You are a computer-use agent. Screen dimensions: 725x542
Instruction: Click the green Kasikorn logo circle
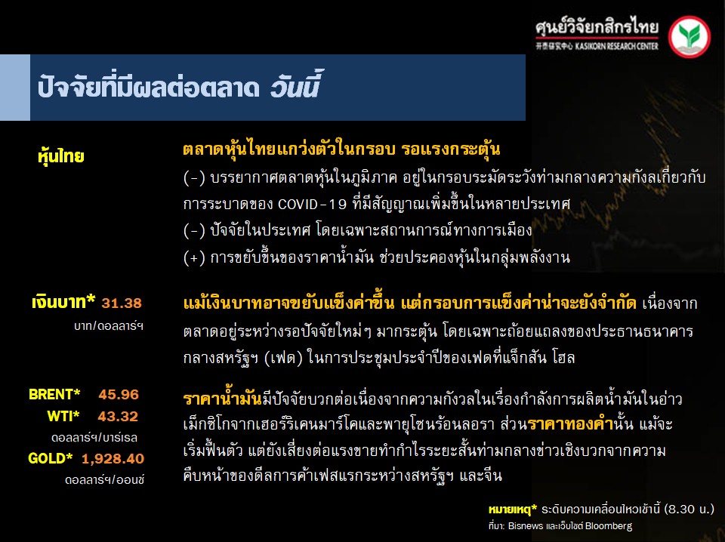(690, 36)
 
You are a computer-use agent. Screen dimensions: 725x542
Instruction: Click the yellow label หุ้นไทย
(61, 157)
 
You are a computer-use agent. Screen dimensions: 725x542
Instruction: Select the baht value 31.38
(122, 303)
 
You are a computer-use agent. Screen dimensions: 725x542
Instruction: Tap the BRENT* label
(54, 394)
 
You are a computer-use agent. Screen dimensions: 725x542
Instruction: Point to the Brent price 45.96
(119, 395)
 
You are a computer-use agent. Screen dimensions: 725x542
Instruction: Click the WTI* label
(63, 417)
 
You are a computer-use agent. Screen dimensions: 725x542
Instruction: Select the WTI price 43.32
(118, 417)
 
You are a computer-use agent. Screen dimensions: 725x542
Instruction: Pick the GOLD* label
(51, 458)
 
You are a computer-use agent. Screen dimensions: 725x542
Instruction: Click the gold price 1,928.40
(113, 459)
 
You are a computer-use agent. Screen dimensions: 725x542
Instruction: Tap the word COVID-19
(312, 204)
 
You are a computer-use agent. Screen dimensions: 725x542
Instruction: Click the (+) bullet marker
(194, 257)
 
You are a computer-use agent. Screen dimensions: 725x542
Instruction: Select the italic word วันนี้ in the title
(295, 85)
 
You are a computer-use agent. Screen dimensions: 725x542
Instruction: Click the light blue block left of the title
(15, 88)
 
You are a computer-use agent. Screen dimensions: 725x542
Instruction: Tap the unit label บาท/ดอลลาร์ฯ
(109, 326)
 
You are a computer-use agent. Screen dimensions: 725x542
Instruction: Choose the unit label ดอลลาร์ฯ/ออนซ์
(104, 480)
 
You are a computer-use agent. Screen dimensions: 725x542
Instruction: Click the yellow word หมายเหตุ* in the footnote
(513, 510)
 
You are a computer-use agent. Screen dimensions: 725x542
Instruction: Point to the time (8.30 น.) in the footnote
(689, 510)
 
